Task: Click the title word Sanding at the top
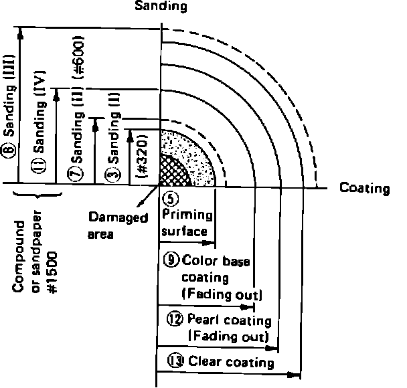pos(161,7)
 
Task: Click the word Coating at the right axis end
pos(364,189)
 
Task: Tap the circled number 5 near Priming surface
pos(169,198)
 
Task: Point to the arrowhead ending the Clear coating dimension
pos(297,373)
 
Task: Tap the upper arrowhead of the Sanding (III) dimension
pos(22,31)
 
